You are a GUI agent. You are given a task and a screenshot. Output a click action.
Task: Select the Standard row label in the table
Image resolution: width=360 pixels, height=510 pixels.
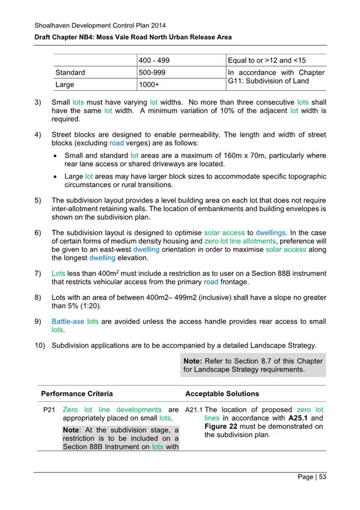click(70, 72)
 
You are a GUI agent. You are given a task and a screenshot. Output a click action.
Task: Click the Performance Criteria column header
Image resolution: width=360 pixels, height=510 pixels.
click(76, 395)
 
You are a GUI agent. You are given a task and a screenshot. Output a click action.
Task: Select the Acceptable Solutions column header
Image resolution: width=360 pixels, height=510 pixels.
click(222, 395)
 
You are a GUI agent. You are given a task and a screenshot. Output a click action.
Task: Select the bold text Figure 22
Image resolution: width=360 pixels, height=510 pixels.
click(204, 427)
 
